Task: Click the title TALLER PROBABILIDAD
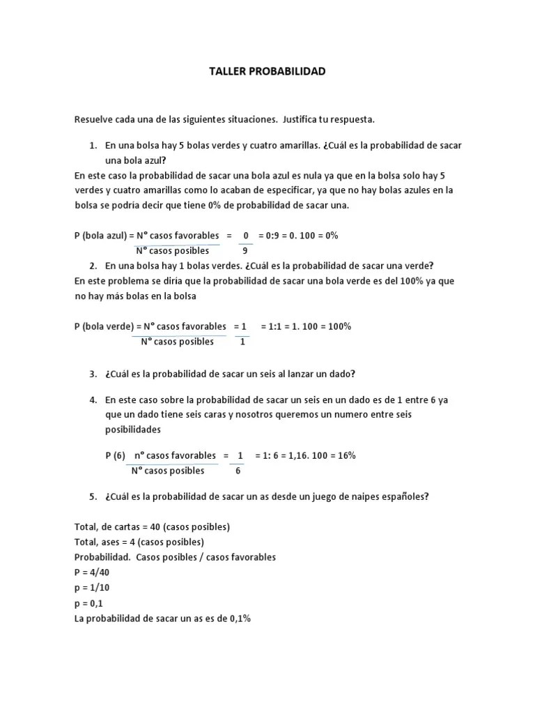(x=267, y=72)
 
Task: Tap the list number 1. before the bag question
(x=93, y=145)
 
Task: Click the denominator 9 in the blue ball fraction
(x=245, y=250)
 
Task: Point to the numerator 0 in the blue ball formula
(x=246, y=236)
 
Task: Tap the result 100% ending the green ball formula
(x=339, y=326)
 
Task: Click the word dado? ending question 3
(x=341, y=374)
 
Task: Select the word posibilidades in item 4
(x=132, y=429)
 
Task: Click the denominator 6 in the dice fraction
(x=238, y=471)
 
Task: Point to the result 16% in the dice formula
(x=346, y=455)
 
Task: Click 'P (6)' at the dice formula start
(x=116, y=455)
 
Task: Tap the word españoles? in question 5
(x=404, y=497)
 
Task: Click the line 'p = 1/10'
(x=91, y=588)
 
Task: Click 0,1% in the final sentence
(x=239, y=618)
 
